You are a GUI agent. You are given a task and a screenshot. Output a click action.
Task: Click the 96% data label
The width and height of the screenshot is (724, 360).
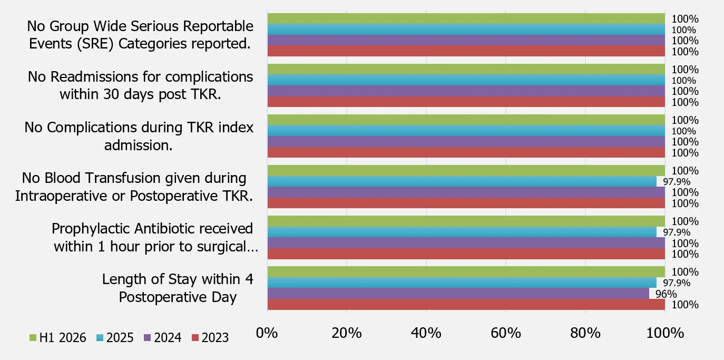(666, 294)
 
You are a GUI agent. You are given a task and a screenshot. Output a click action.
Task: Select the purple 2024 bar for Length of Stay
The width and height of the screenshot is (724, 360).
(458, 294)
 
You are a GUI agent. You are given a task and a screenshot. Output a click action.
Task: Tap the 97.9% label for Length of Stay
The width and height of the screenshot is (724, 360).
(677, 283)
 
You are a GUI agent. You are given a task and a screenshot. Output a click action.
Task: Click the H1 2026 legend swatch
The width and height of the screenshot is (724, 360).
(33, 338)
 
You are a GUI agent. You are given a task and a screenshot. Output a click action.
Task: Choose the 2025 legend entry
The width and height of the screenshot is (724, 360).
(115, 338)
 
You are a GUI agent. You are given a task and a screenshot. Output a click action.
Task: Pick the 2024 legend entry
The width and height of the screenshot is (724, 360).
(162, 338)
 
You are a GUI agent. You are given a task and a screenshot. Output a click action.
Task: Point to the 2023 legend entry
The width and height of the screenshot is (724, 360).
(210, 338)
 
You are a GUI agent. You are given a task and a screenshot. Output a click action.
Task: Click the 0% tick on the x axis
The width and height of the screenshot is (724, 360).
(267, 333)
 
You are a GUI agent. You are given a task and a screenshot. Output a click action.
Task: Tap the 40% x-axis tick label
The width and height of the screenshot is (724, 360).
(426, 333)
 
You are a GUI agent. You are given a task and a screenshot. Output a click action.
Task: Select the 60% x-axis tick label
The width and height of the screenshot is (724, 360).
(505, 333)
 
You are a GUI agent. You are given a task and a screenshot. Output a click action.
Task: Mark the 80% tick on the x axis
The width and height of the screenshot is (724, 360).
(585, 333)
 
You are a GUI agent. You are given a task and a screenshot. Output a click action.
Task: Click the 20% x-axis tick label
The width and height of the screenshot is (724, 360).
(347, 333)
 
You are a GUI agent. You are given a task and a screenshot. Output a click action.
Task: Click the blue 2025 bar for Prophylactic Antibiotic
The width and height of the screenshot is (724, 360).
(462, 232)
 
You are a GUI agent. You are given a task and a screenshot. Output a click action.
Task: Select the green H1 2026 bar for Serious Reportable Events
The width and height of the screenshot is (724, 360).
(466, 18)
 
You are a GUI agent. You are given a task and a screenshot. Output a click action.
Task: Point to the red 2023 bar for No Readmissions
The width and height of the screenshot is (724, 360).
(466, 102)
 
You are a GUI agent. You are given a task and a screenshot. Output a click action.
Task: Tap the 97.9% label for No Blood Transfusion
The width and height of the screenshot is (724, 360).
(677, 182)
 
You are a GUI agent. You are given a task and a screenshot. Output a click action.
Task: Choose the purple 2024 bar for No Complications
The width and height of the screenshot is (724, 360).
(466, 141)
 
